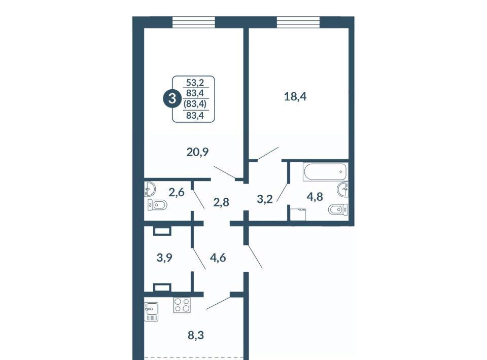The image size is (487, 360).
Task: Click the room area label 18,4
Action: tap(295, 97)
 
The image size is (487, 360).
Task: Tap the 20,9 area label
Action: tap(197, 152)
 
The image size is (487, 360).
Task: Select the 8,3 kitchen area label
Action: tap(196, 335)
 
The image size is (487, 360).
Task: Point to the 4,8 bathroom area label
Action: tap(315, 197)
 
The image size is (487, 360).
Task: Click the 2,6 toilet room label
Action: tap(177, 192)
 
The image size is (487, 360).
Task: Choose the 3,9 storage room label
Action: tap(164, 258)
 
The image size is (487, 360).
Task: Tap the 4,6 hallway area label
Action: tap(218, 258)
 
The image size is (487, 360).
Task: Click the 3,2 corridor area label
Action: tap(265, 199)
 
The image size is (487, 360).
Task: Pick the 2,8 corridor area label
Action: tap(221, 202)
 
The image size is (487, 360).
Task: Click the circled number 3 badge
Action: tap(171, 99)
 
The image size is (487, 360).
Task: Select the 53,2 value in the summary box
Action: tap(195, 83)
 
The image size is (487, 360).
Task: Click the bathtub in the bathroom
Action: tap(325, 171)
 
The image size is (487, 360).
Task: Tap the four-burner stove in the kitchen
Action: tap(182, 305)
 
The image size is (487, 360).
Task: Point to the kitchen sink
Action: tap(151, 312)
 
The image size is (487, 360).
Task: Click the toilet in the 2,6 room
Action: tap(157, 205)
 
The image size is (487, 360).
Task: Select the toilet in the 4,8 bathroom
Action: tap(338, 209)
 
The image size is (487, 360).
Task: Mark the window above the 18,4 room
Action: tap(298, 22)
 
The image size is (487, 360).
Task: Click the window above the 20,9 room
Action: tap(193, 22)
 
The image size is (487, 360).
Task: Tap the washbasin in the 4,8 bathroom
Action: tap(342, 189)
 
